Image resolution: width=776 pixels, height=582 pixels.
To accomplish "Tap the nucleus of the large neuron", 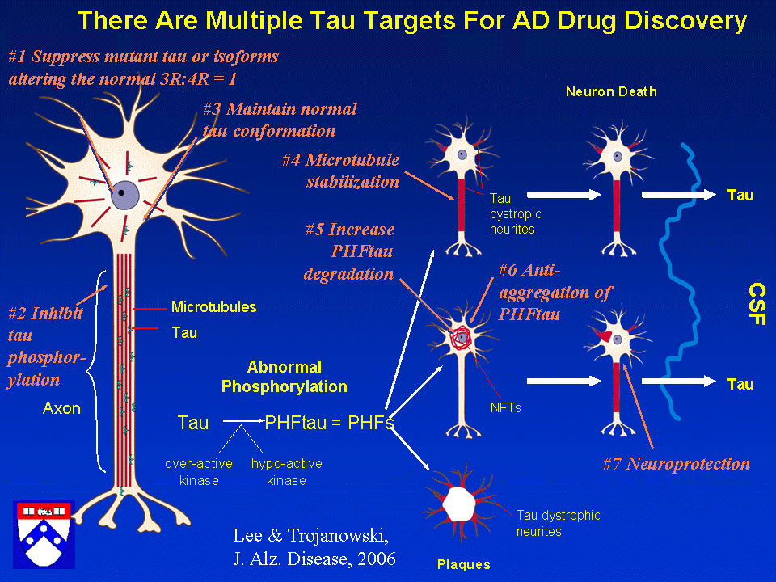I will [x=124, y=195].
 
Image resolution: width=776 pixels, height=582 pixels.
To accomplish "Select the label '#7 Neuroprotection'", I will [x=677, y=463].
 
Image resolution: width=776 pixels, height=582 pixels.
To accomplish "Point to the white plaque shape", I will [x=458, y=506].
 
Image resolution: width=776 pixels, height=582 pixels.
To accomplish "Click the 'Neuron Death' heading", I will [x=610, y=91].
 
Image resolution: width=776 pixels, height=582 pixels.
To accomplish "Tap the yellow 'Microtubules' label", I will [x=213, y=307].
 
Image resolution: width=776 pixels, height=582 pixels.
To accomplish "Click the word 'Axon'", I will [x=62, y=409].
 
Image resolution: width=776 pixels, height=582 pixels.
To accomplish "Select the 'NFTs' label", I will [x=505, y=408].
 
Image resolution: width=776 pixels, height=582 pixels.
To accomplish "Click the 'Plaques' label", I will [x=463, y=564].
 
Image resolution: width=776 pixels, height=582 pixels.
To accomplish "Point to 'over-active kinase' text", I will [x=199, y=472].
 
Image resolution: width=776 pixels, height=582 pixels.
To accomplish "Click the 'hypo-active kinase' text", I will [x=286, y=472].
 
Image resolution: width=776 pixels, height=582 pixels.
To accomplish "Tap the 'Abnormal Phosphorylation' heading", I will [x=284, y=377].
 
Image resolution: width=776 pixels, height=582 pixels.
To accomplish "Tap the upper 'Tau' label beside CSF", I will [x=740, y=195].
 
